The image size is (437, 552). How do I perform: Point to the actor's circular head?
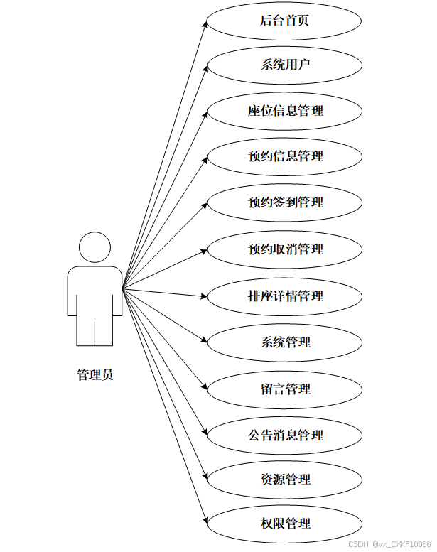click(95, 247)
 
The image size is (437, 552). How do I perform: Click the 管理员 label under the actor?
click(95, 375)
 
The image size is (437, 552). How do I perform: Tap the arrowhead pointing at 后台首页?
click(205, 23)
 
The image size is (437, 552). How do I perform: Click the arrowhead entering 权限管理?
click(205, 521)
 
